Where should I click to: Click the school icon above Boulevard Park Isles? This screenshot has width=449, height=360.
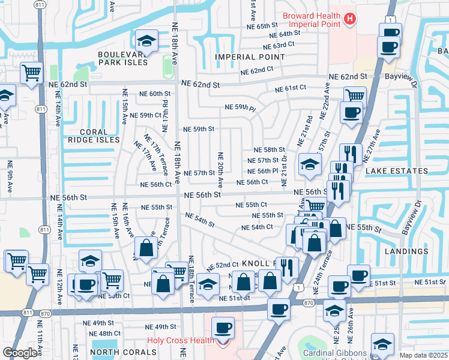click(145, 41)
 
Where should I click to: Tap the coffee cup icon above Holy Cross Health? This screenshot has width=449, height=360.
click(223, 328)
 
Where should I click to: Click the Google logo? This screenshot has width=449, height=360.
click(19, 352)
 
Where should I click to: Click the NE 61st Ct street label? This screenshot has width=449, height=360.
click(291, 88)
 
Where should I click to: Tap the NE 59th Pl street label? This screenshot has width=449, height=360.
click(240, 107)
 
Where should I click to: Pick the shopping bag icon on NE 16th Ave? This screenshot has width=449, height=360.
click(146, 247)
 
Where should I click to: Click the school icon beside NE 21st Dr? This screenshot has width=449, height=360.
click(309, 165)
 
